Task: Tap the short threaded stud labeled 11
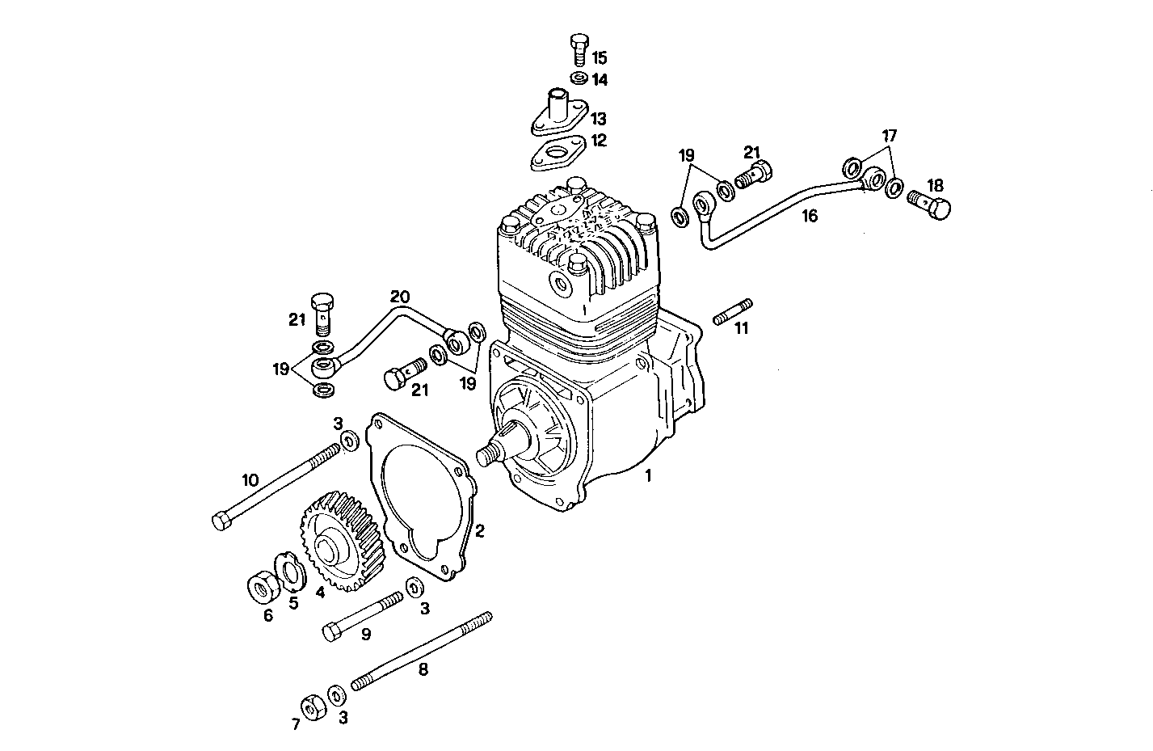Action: pos(733,311)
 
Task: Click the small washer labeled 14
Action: pos(578,79)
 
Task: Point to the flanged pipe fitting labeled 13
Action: pos(558,113)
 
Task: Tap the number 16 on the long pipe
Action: pos(810,216)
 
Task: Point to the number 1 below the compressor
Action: pos(647,477)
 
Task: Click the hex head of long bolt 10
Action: pos(221,521)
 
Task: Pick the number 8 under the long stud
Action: pos(423,669)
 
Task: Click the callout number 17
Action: pos(889,136)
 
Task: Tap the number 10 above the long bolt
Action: pos(250,480)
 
